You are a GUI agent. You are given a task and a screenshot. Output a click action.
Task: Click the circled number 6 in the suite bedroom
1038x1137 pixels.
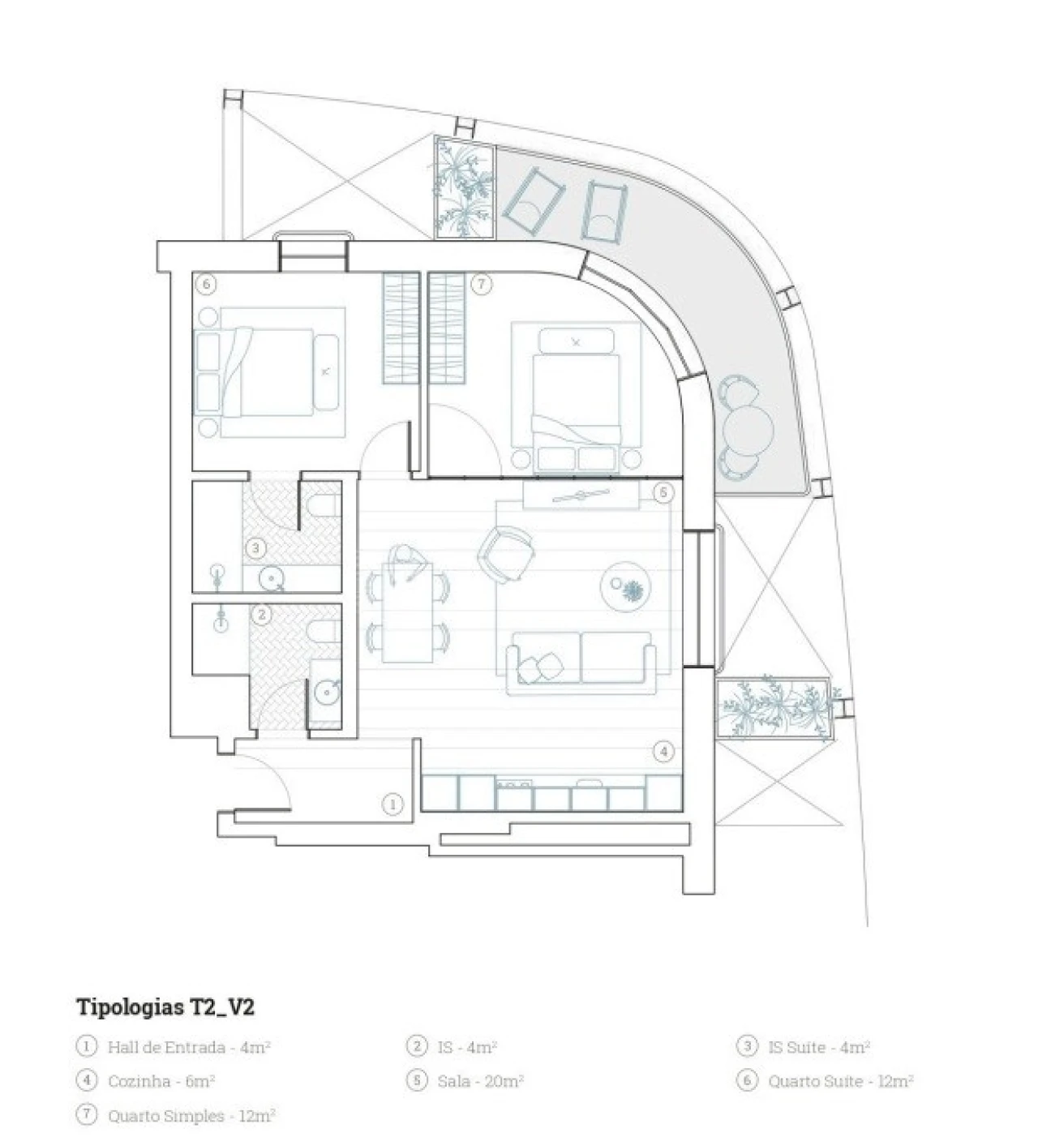(207, 285)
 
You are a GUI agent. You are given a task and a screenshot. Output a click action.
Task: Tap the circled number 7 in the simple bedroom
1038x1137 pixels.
(482, 285)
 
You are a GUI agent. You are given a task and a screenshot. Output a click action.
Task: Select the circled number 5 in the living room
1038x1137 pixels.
(663, 492)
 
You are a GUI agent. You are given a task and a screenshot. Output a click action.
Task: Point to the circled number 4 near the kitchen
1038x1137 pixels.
(663, 752)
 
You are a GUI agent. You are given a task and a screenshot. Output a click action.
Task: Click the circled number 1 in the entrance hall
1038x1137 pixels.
(392, 804)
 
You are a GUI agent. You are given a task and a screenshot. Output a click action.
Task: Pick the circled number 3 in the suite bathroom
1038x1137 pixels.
(255, 549)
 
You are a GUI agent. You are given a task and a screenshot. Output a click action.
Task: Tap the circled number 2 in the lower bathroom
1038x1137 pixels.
(261, 616)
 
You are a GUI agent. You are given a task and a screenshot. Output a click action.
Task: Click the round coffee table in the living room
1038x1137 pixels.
(625, 586)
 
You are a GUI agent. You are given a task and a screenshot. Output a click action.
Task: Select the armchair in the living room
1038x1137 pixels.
(506, 553)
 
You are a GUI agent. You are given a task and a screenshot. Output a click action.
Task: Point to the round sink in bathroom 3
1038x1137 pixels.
(272, 578)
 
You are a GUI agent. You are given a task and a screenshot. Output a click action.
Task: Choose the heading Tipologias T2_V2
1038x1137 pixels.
(165, 1007)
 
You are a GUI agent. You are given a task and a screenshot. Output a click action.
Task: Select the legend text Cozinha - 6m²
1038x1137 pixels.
(161, 1081)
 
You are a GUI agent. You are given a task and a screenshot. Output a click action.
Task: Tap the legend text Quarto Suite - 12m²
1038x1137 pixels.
(841, 1081)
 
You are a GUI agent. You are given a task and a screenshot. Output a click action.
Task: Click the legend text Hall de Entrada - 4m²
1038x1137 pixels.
(189, 1047)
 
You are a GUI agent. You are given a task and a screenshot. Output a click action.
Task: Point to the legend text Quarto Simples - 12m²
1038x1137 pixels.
(191, 1116)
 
